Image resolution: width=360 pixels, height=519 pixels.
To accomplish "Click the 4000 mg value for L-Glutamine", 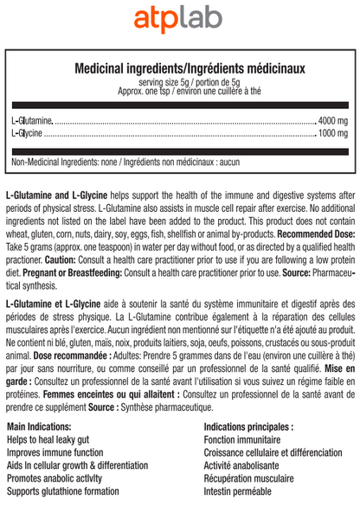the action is click(332, 119).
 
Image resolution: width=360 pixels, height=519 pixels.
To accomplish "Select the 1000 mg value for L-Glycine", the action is click(332, 133).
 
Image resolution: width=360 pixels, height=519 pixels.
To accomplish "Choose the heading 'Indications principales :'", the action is click(248, 427).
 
